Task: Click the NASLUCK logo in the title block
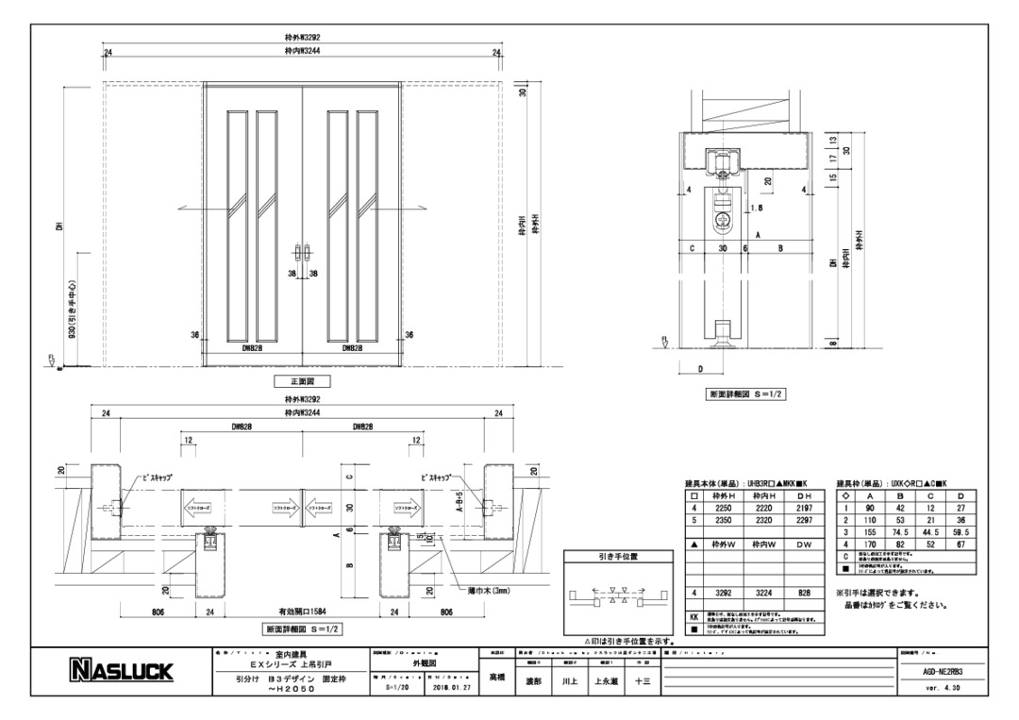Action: coord(119,671)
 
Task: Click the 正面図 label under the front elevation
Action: coord(302,381)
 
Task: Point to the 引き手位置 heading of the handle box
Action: coord(618,557)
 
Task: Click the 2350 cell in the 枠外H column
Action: coord(724,519)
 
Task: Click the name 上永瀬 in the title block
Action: coord(603,678)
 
